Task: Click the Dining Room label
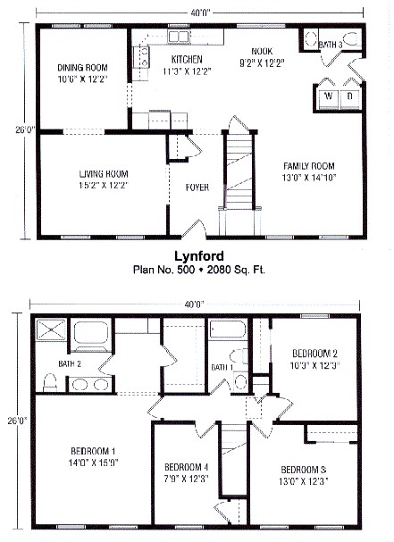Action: [x=83, y=68]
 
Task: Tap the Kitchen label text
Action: [x=188, y=60]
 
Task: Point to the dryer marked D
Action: [x=349, y=96]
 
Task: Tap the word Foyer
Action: [x=197, y=188]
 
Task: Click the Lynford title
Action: [x=197, y=254]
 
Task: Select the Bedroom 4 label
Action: [x=187, y=468]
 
